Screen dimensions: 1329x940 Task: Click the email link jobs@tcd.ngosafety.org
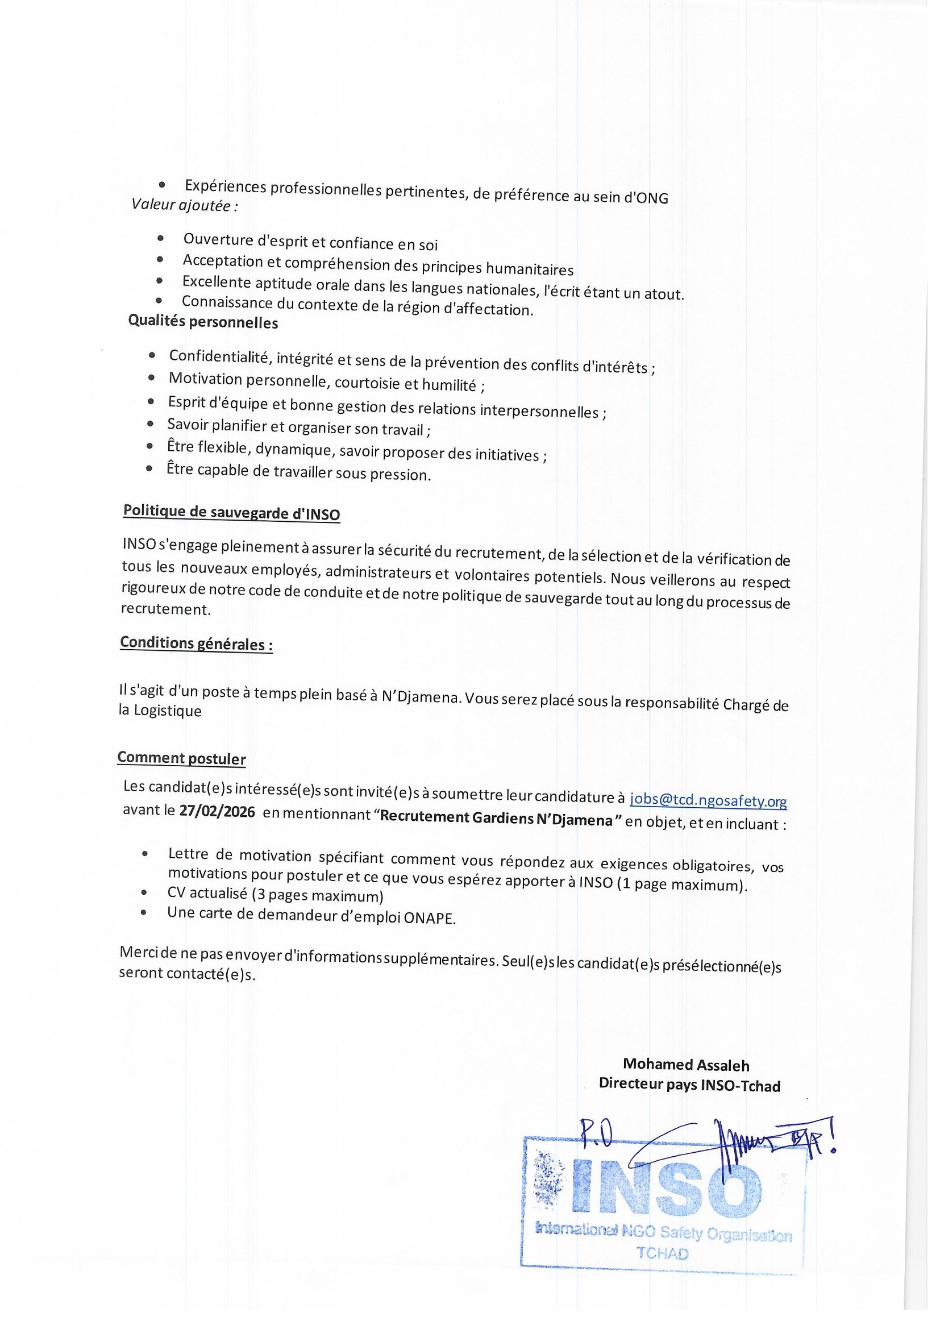[x=708, y=801]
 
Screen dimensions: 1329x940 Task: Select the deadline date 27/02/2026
[x=217, y=812]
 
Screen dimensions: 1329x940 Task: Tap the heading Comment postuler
[x=182, y=758]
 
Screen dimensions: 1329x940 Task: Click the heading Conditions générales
[x=196, y=643]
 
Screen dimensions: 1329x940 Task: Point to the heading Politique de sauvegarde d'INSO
[x=231, y=512]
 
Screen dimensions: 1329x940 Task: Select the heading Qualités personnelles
[x=203, y=322]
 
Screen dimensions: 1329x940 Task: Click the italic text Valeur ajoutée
[x=184, y=205]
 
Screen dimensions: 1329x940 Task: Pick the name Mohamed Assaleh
[x=686, y=1065]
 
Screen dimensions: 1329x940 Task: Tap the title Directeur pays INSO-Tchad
[x=689, y=1085]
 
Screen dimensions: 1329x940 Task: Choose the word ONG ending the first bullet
[x=652, y=198]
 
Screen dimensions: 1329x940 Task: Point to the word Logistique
[x=168, y=711]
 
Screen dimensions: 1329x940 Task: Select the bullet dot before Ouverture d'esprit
[x=160, y=239]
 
